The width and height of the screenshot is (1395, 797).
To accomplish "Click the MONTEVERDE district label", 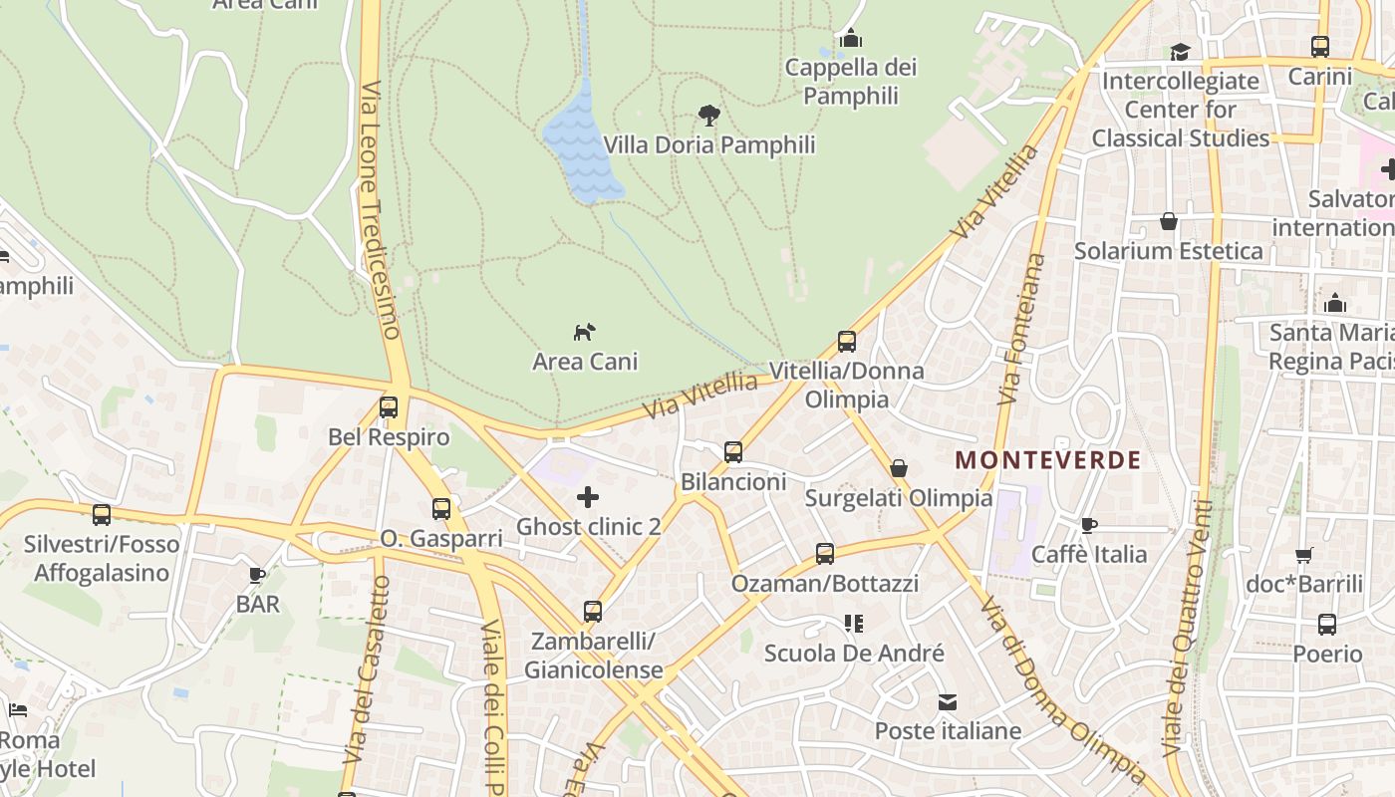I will tap(1047, 460).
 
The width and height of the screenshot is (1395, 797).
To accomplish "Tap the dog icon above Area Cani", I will tap(585, 331).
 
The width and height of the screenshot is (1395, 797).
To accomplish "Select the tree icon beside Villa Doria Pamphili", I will tap(708, 115).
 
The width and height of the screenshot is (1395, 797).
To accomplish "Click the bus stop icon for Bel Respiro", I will tap(389, 406).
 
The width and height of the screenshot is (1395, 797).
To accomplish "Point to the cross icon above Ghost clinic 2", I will tap(588, 496).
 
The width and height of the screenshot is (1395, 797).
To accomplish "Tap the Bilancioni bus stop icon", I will tap(733, 451).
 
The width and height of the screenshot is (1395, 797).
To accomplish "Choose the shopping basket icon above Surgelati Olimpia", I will tap(899, 467).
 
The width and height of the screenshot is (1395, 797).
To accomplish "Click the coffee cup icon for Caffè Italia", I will tap(1089, 524).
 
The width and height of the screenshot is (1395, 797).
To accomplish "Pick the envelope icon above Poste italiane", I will tap(948, 702).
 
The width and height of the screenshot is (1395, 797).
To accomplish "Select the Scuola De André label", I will tap(854, 654).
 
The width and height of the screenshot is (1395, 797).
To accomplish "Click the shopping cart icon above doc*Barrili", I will tap(1303, 555).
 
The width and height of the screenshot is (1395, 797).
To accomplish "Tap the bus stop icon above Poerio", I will tap(1327, 625).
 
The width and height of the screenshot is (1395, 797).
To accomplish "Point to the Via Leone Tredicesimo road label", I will tap(380, 209).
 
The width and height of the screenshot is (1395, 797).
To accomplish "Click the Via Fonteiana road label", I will tap(1022, 329).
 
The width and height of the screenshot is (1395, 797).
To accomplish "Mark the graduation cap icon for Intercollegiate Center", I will tap(1181, 52).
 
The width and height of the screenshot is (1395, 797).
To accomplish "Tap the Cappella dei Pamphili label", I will tap(851, 82).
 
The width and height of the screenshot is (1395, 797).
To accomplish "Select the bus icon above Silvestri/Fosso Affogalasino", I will tap(102, 514).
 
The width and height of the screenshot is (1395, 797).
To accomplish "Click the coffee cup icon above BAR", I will tap(257, 574).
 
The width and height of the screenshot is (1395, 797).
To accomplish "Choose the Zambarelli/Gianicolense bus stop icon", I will tap(593, 611).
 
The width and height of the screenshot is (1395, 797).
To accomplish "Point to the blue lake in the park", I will tap(581, 149).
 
